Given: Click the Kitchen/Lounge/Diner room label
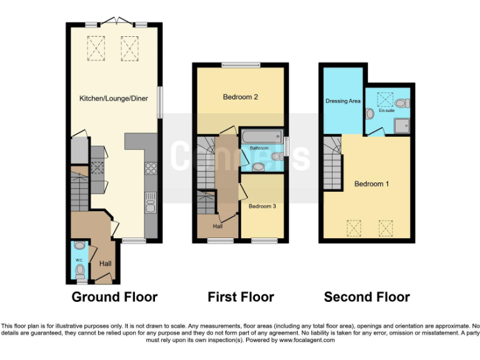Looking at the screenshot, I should [x=113, y=98].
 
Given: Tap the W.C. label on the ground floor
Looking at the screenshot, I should [x=79, y=260].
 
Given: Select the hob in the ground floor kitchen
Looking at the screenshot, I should [x=151, y=167].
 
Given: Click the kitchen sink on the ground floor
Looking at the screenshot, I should [x=151, y=199].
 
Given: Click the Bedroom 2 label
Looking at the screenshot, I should [x=241, y=97].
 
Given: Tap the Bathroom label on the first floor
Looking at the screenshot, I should [x=259, y=148].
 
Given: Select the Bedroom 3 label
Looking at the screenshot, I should [x=262, y=206].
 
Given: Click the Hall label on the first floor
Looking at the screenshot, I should [x=217, y=226].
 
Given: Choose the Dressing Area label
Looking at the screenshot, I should [x=342, y=101].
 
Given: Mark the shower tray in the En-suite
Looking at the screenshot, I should [x=402, y=126].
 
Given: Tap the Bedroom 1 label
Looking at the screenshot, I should [x=372, y=184].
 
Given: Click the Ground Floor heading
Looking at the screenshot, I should [x=114, y=297].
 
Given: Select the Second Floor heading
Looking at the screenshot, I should [x=367, y=297].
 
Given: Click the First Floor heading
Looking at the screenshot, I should [x=241, y=297].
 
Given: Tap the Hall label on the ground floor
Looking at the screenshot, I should [x=105, y=264].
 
